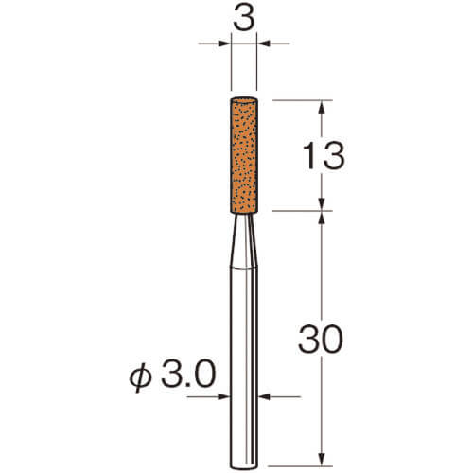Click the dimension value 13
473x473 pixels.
pos(324,155)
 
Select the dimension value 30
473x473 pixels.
pos(321,340)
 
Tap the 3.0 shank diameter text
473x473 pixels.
pos(188,375)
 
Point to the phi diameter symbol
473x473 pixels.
pos(140,377)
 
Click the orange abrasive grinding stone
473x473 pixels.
pos(244,156)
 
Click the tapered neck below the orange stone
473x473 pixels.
pos(244,240)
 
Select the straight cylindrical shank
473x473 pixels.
pos(244,367)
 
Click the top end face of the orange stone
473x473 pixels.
pos(244,100)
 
